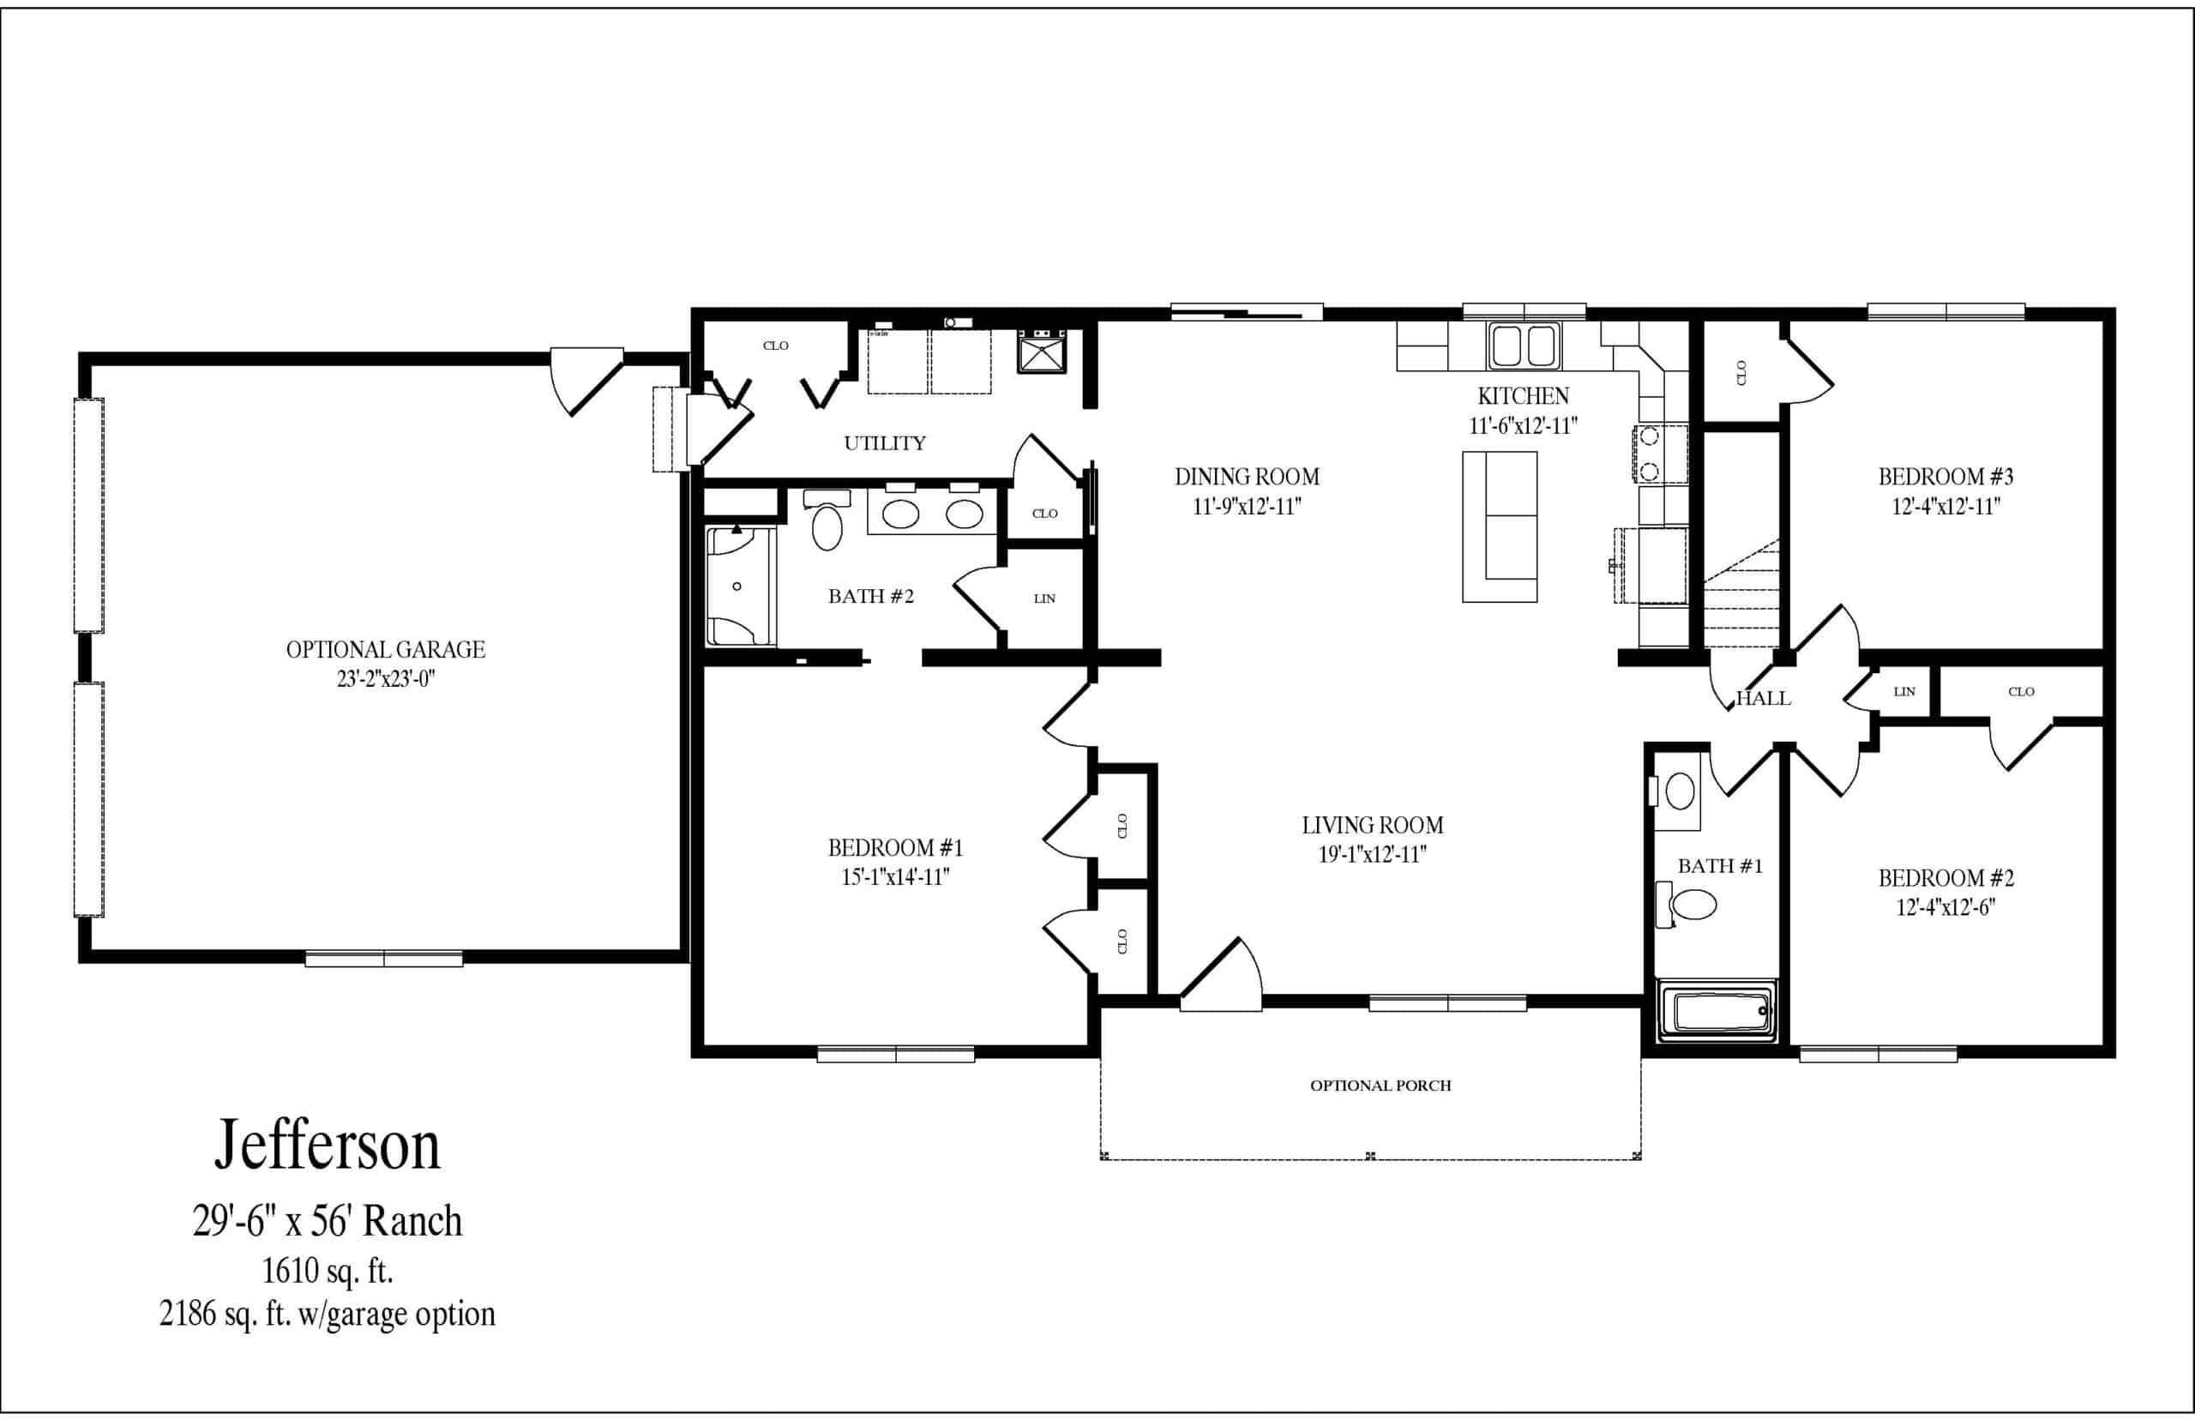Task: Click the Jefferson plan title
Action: point(328,1146)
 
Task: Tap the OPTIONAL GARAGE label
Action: point(385,650)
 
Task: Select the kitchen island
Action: point(1500,526)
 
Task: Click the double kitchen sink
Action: point(1524,346)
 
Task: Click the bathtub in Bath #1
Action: point(1717,1012)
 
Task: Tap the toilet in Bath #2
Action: point(827,520)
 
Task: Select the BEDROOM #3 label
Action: point(1946,477)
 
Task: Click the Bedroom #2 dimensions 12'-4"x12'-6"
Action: point(1946,907)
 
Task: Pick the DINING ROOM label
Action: point(1247,477)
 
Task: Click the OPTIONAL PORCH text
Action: point(1380,1086)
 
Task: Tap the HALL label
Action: point(1764,699)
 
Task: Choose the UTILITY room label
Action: point(885,443)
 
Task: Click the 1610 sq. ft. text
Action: point(328,1272)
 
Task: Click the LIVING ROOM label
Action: point(1373,825)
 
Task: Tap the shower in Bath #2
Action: point(741,587)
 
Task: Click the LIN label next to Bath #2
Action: point(1044,599)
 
